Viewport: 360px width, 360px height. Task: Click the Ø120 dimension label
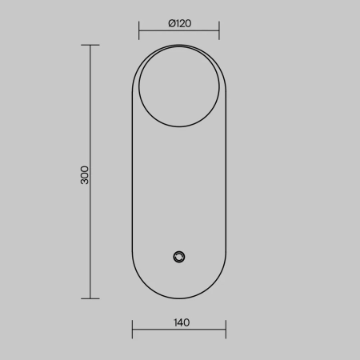tap(180, 23)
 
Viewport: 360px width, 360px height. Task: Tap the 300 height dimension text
tap(85, 175)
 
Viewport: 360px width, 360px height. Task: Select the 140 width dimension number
tap(182, 322)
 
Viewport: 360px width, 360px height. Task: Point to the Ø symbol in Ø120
tap(172, 23)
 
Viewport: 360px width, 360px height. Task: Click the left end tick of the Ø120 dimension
tap(139, 30)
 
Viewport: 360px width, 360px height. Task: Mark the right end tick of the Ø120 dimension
tap(219, 30)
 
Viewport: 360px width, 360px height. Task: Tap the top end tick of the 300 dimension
tap(90, 45)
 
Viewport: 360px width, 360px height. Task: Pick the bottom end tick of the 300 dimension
tap(90, 298)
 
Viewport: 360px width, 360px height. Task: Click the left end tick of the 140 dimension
tap(132, 330)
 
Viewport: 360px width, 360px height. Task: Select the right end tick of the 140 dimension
tap(226, 330)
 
